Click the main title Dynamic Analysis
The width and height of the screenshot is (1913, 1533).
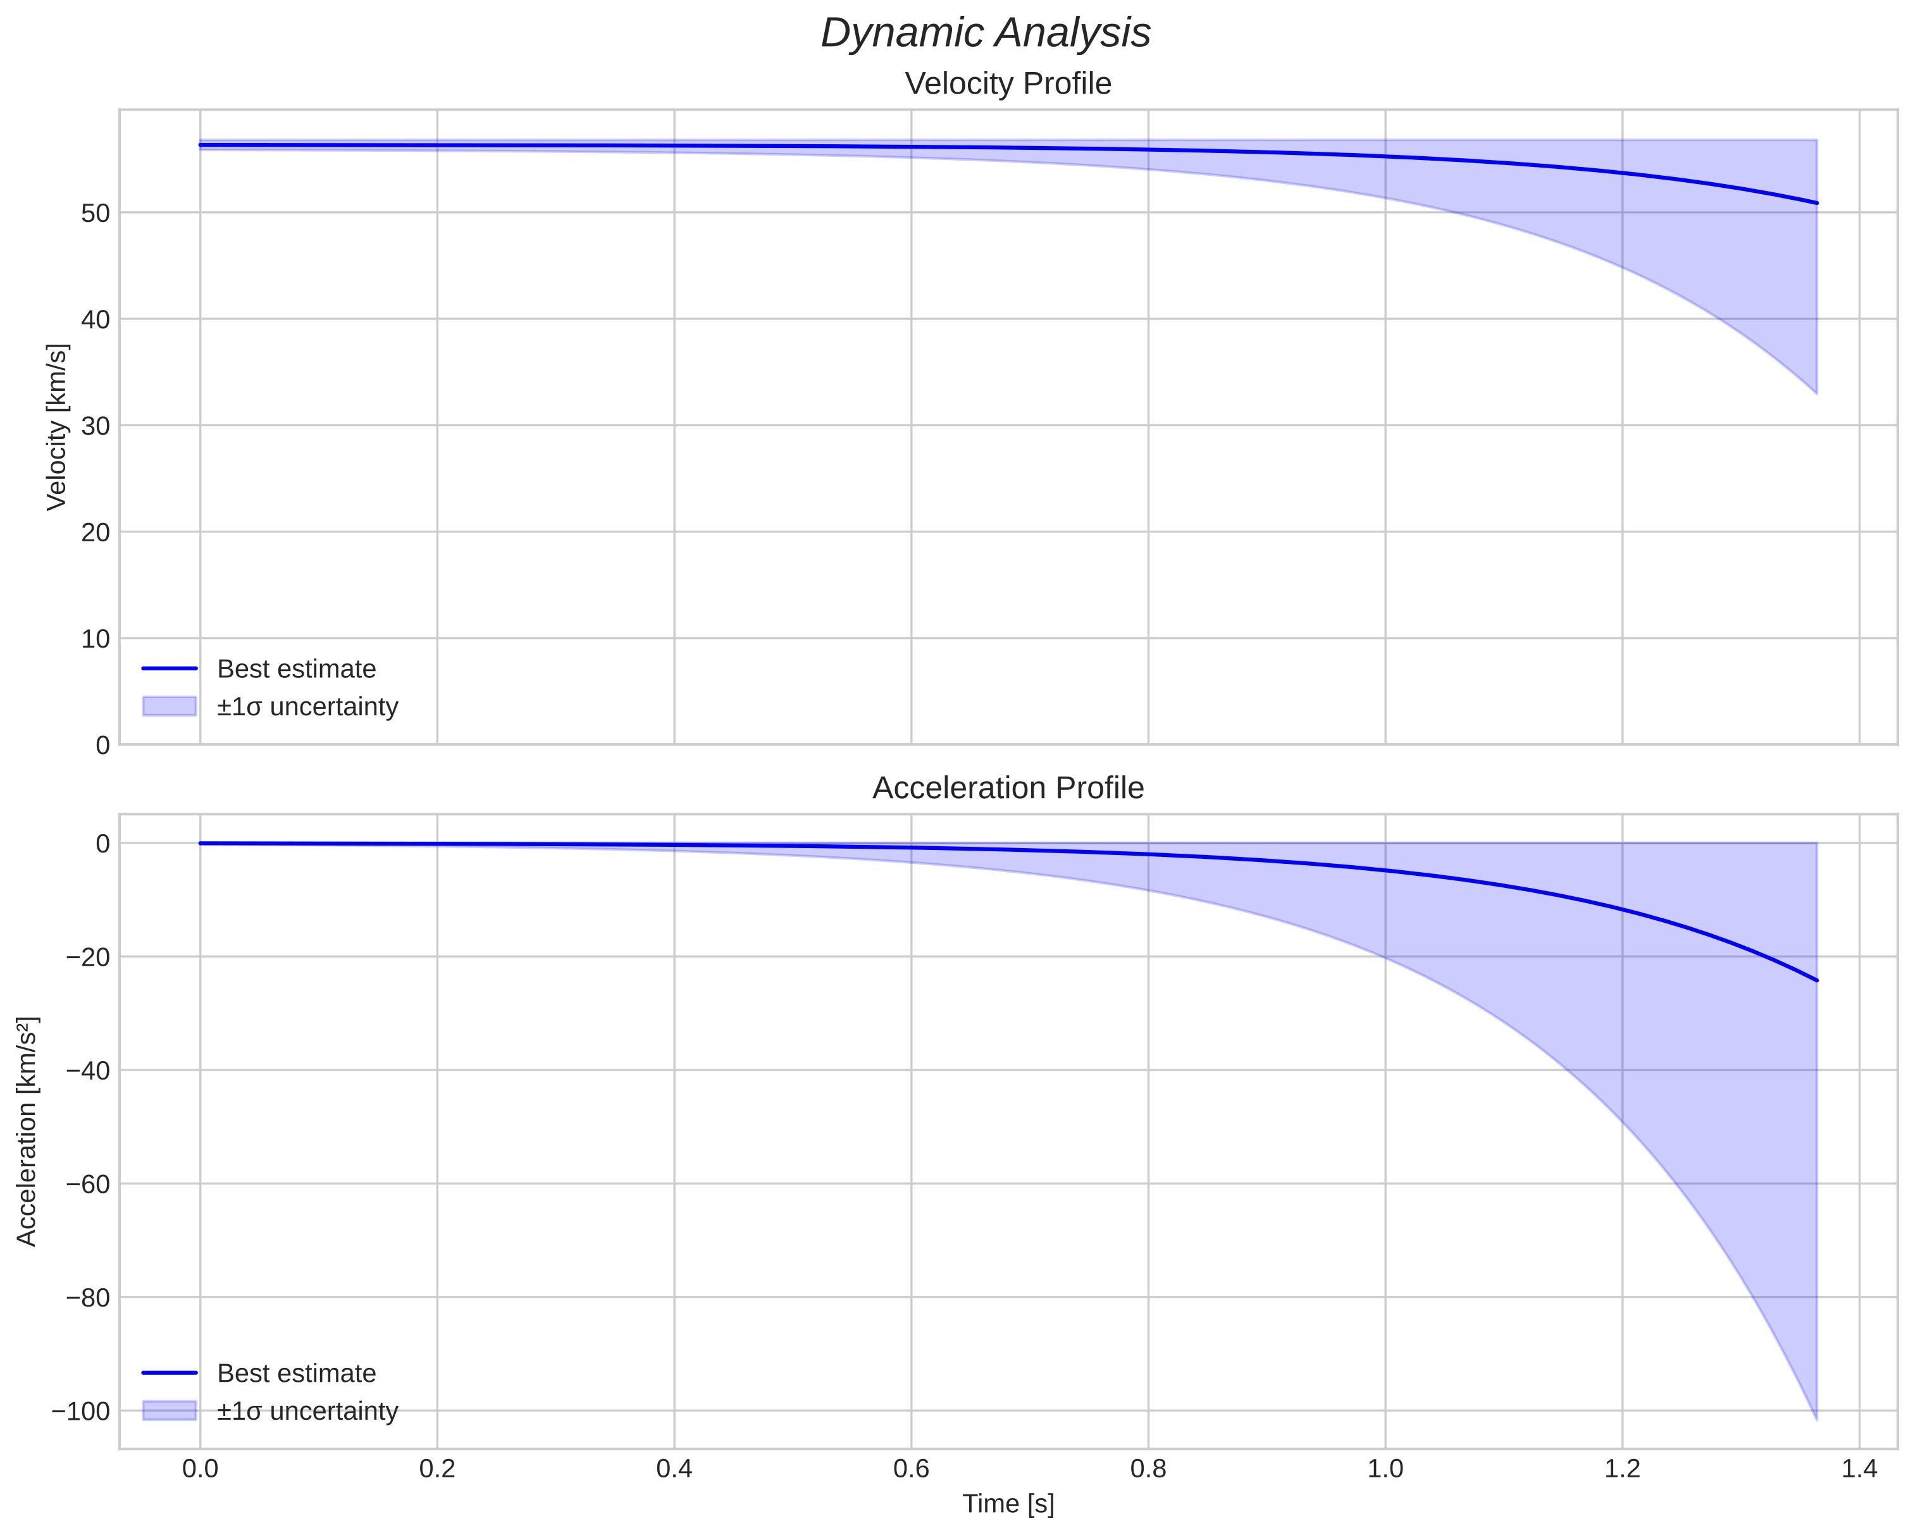click(x=986, y=34)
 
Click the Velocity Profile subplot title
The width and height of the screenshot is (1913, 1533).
click(x=1008, y=83)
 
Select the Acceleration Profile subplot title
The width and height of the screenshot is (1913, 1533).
click(x=1008, y=788)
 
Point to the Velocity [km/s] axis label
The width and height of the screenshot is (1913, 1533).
click(x=57, y=427)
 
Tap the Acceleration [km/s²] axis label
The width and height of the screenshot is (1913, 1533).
click(x=27, y=1131)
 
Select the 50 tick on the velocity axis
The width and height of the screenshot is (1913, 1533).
click(x=96, y=213)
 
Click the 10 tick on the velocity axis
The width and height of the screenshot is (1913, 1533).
click(x=96, y=639)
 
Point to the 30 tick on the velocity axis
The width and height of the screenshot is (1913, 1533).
click(x=96, y=426)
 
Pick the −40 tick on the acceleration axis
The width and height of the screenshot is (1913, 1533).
click(x=88, y=1070)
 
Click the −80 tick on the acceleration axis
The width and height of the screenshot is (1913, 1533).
click(x=88, y=1297)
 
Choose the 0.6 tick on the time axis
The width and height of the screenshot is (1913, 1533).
click(x=911, y=1469)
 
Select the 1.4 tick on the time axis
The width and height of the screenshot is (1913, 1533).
click(x=1859, y=1469)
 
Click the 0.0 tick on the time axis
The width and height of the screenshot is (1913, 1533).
click(x=201, y=1469)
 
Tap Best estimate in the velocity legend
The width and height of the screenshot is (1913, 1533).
click(x=296, y=669)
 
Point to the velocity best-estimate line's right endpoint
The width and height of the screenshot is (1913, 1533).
click(x=1816, y=203)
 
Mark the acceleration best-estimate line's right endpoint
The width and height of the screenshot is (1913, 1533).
click(x=1816, y=980)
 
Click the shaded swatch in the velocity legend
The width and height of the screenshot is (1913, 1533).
click(x=170, y=706)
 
